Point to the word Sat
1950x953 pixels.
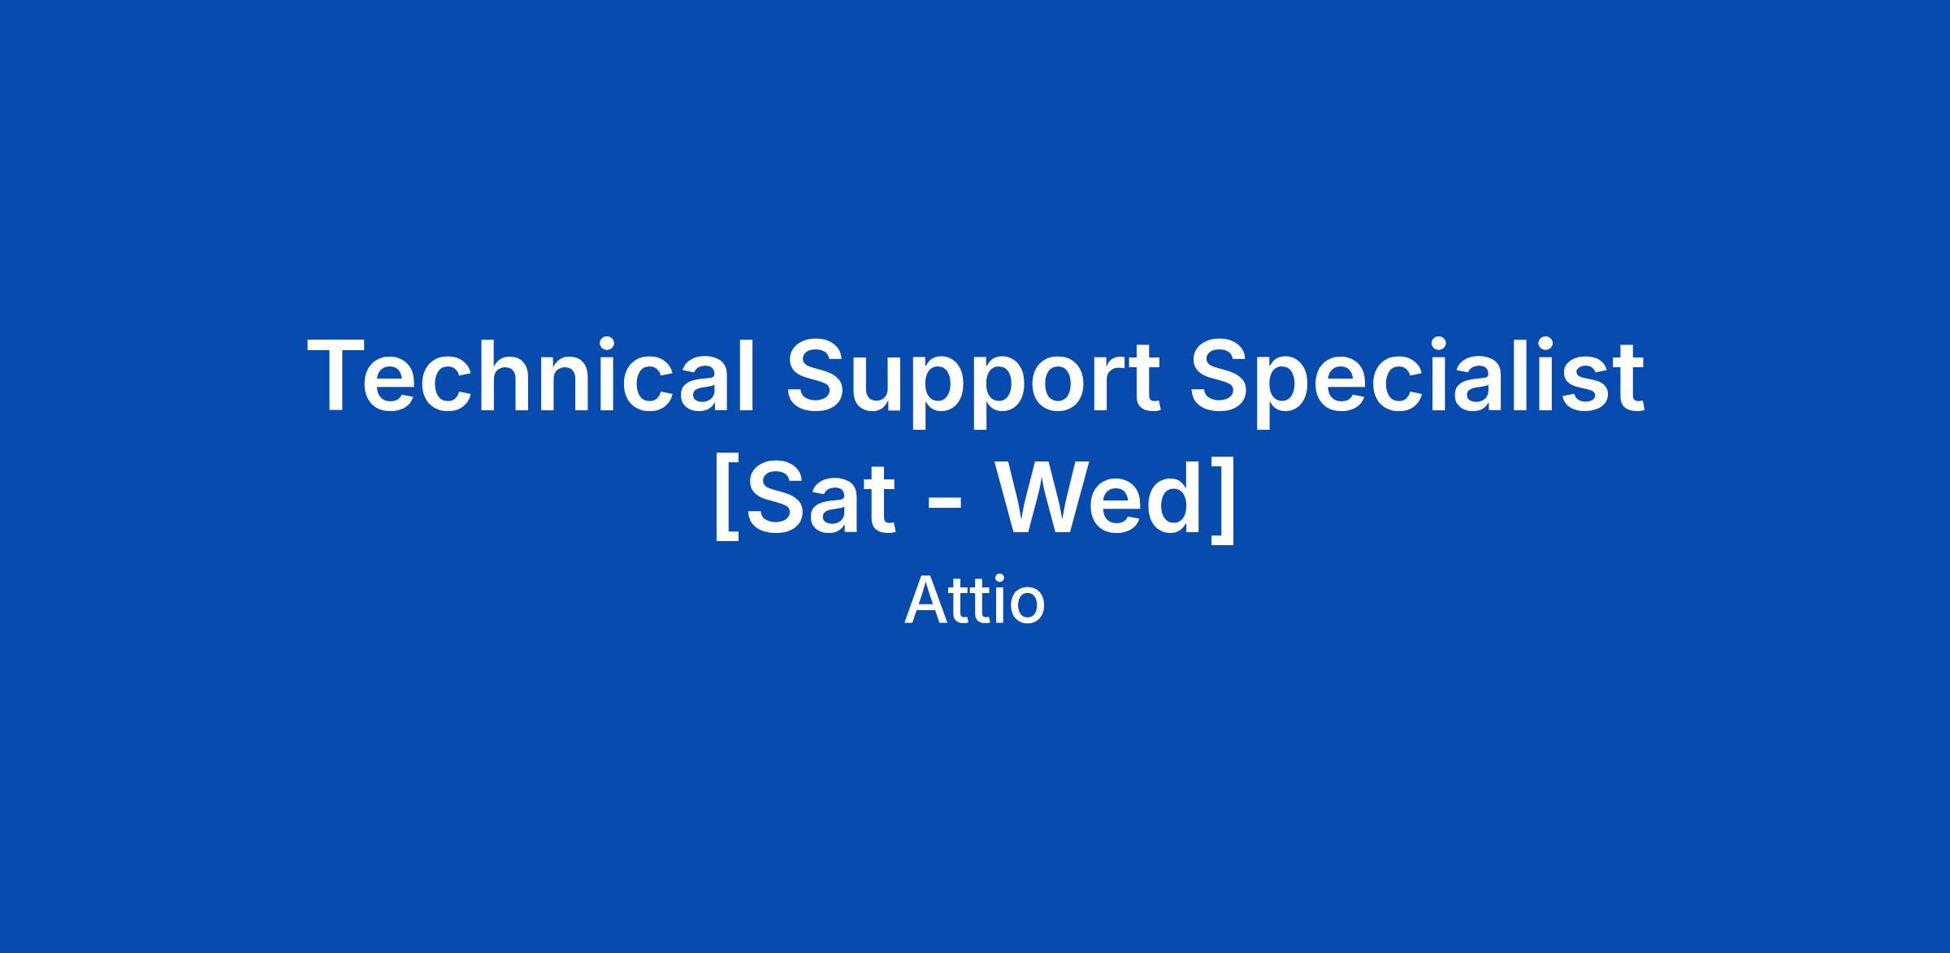pyautogui.click(x=820, y=498)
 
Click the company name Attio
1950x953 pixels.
pyautogui.click(x=974, y=601)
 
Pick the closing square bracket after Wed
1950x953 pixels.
pyautogui.click(x=1225, y=498)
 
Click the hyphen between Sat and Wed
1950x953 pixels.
pyautogui.click(x=946, y=507)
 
